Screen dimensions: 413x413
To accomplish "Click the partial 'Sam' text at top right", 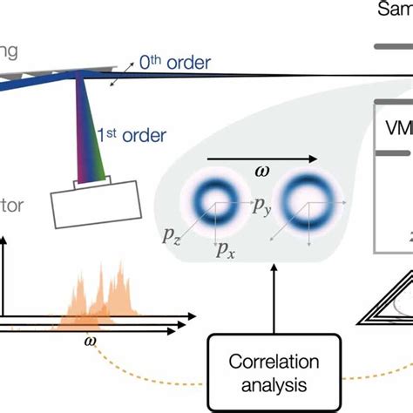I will (x=396, y=10).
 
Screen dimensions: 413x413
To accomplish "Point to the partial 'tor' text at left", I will (x=13, y=206).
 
